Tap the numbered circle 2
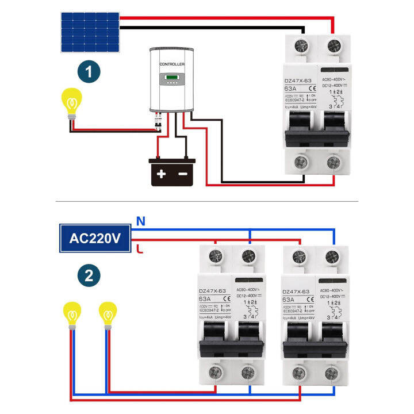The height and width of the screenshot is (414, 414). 89,275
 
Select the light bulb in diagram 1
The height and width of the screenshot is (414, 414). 71,103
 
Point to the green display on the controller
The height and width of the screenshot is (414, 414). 172,78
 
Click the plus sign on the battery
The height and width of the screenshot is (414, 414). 161,173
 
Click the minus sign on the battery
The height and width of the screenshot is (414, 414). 183,173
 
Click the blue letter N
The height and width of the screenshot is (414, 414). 139,220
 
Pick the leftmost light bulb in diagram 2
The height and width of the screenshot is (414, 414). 72,315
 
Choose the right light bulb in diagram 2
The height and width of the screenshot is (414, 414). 106,315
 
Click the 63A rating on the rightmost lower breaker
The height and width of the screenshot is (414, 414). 289,299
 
